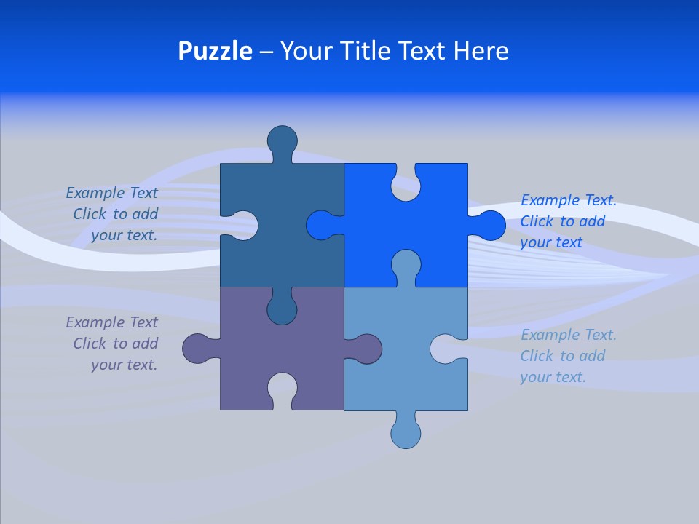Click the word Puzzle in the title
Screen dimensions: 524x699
216,51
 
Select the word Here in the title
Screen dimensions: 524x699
481,51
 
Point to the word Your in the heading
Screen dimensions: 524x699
305,51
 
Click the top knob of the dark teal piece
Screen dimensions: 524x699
283,140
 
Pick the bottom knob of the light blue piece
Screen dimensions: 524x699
406,433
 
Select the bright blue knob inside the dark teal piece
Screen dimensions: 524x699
320,226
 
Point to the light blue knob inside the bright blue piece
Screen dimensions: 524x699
406,264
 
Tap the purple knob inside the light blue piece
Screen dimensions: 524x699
367,349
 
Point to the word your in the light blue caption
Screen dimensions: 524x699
535,377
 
